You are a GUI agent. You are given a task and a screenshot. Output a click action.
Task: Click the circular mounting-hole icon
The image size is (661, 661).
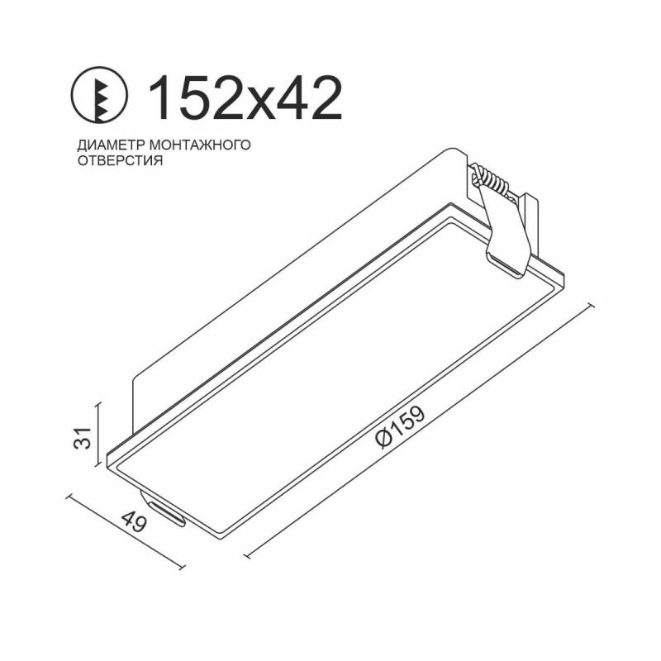98,95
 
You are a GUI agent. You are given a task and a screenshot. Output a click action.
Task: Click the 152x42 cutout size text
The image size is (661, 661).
245,98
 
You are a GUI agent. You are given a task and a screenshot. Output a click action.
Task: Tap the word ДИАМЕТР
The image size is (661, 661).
111,145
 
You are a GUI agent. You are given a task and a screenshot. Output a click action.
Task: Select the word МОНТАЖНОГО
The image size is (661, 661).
200,145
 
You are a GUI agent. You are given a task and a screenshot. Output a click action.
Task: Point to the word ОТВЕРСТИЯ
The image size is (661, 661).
120,161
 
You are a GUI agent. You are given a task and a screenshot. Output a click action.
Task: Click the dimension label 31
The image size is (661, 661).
83,438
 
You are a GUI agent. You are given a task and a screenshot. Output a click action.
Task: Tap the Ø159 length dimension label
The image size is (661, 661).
400,427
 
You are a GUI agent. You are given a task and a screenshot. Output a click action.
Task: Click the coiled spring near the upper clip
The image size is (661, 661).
490,179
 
